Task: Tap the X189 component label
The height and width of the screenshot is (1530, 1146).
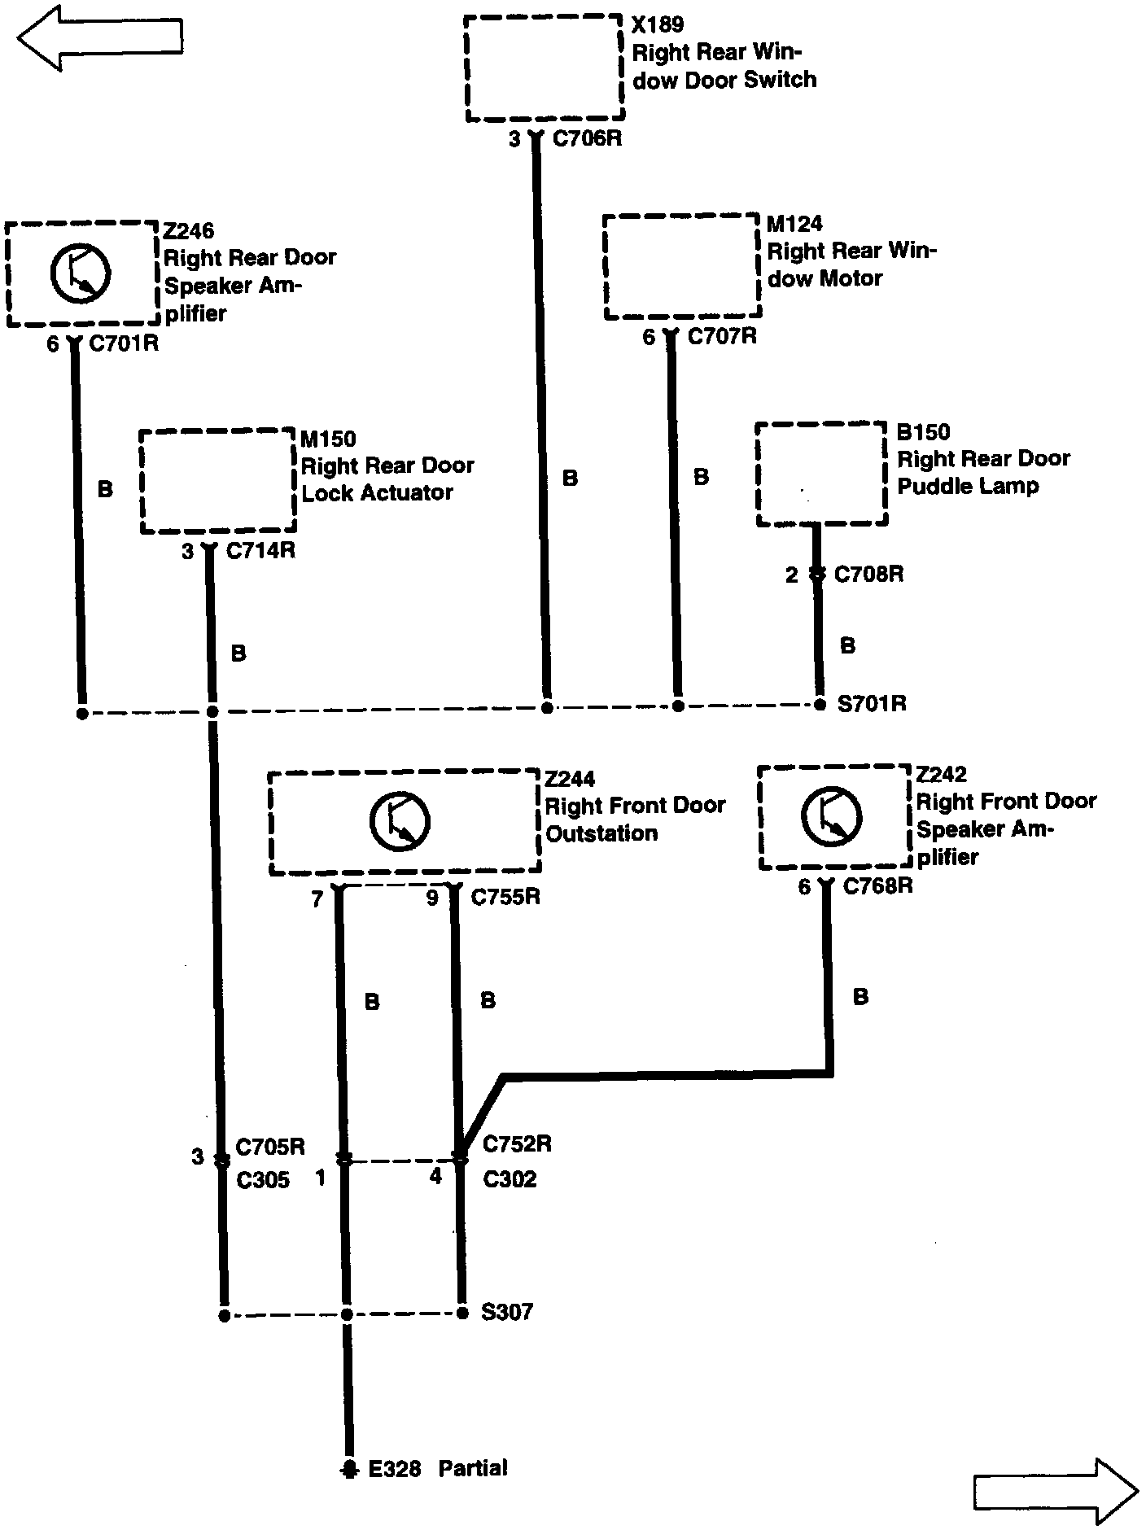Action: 658,24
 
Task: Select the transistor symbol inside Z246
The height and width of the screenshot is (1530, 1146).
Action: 80,272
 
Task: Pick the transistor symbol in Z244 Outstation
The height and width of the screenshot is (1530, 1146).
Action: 400,821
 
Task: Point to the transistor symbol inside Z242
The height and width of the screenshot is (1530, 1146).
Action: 831,815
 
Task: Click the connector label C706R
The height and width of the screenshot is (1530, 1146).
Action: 587,139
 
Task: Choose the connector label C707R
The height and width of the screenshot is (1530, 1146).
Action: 722,336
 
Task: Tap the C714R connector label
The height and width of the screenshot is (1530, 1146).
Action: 260,551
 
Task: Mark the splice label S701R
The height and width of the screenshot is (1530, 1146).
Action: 872,703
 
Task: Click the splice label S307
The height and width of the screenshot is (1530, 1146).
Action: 506,1312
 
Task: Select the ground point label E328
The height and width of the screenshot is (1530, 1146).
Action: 395,1469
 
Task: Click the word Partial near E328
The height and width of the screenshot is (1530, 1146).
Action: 472,1468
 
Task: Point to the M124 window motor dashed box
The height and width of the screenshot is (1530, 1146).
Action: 682,267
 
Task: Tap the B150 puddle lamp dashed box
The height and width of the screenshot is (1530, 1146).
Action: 820,474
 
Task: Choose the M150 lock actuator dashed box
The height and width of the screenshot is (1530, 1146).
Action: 217,481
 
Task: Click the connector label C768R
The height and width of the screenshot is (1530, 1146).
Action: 877,886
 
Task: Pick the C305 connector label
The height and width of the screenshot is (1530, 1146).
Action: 262,1180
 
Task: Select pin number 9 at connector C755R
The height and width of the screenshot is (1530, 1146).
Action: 432,898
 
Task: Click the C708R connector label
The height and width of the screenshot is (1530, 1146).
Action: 868,575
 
